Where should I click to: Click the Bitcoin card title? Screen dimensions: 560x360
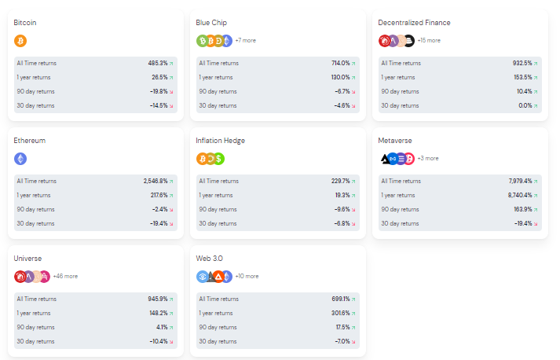[25, 23]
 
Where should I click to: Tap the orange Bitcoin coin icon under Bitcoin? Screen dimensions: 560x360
[20, 41]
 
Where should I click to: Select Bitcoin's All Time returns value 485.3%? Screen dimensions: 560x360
[158, 64]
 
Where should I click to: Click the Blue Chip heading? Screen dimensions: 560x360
[211, 23]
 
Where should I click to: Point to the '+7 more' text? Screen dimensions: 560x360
[245, 40]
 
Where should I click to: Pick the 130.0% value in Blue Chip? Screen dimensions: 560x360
[340, 77]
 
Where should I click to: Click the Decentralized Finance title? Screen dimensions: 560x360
[414, 23]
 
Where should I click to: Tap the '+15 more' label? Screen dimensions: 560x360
[429, 40]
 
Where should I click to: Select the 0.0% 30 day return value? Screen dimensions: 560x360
[525, 105]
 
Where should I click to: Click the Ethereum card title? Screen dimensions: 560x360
[30, 141]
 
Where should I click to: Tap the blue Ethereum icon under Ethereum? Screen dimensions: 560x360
[20, 159]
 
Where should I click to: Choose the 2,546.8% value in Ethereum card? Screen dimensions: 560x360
[156, 182]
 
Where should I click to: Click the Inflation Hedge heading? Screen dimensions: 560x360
[221, 141]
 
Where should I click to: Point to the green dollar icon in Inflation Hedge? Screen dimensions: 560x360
[218, 159]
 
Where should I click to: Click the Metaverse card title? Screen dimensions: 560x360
[394, 141]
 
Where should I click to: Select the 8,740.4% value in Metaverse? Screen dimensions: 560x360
[520, 195]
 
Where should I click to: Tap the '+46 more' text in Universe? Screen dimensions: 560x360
[65, 277]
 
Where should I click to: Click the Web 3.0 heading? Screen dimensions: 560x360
[209, 259]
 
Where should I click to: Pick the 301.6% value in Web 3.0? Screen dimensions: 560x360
[341, 313]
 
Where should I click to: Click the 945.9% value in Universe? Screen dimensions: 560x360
[158, 299]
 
